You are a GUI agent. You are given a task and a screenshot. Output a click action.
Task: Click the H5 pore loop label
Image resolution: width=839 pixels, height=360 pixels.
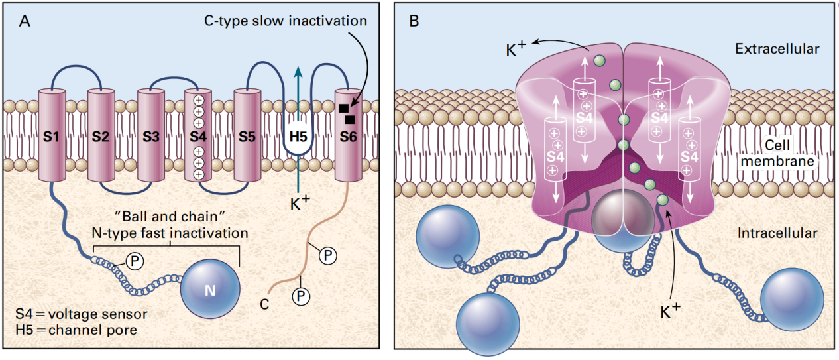click(298, 138)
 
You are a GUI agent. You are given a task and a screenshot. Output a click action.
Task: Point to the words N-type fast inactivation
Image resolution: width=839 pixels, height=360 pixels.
click(170, 233)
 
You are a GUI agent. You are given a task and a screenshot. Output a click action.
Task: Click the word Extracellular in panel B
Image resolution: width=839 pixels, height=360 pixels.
click(777, 49)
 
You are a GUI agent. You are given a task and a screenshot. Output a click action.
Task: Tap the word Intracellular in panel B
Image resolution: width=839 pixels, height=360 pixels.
click(777, 233)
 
